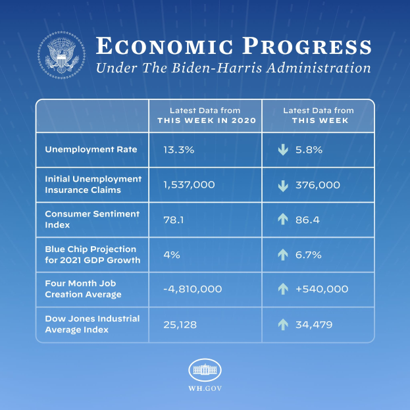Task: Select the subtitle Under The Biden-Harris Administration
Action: pyautogui.click(x=233, y=68)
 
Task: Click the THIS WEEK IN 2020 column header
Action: pyautogui.click(x=205, y=115)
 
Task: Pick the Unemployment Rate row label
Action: pyautogui.click(x=91, y=149)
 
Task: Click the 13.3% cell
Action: pyautogui.click(x=178, y=150)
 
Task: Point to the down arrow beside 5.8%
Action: pyautogui.click(x=283, y=150)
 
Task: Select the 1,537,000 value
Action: pyautogui.click(x=189, y=185)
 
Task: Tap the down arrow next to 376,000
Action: pyautogui.click(x=283, y=185)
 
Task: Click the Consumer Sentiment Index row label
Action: pyautogui.click(x=92, y=219)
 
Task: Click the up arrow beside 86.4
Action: pyautogui.click(x=283, y=220)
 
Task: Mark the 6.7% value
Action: pyautogui.click(x=309, y=255)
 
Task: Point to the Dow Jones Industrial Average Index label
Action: pyautogui.click(x=92, y=323)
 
